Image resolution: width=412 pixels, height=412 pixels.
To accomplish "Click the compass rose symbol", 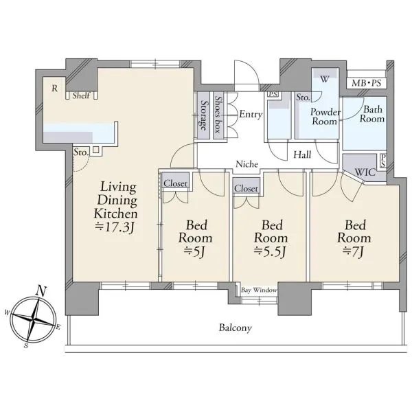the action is [32, 319].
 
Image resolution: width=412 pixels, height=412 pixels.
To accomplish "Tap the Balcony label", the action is [236, 328].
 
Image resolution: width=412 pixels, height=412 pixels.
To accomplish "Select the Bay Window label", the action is [259, 290].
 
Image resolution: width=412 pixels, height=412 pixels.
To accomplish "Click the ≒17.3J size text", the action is [115, 227].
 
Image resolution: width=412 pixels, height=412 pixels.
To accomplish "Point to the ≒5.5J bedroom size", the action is [270, 252].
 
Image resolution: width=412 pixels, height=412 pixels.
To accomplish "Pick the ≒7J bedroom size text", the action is [353, 252].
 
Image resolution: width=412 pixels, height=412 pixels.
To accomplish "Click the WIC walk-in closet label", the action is [365, 172].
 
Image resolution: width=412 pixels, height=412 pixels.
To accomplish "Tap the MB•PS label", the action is [366, 83].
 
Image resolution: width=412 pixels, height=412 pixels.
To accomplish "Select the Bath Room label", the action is [372, 114].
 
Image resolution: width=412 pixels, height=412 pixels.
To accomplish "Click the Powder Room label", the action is [325, 117].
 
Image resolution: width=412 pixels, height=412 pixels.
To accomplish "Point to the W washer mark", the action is [325, 79].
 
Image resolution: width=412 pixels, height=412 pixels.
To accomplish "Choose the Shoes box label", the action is [218, 114].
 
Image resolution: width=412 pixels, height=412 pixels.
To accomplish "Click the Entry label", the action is [251, 115].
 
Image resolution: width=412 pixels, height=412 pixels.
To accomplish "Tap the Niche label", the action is [247, 164].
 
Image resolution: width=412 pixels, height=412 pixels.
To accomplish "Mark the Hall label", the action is [302, 154].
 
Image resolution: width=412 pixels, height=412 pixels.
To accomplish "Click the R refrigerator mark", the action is [54, 89].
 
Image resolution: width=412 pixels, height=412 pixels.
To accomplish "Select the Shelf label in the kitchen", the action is [81, 95].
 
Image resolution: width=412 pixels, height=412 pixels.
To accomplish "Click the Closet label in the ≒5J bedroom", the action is [175, 183].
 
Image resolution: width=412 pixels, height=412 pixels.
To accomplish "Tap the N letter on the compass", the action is [41, 291].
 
